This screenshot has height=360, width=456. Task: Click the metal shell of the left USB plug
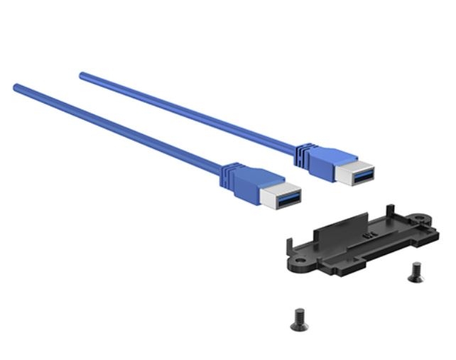[x=281, y=198]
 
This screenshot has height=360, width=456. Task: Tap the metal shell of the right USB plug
[x=355, y=174]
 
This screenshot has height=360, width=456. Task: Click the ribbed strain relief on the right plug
[x=303, y=151]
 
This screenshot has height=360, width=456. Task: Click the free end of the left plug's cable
[x=16, y=87]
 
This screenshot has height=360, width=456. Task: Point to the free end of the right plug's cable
[x=82, y=74]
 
